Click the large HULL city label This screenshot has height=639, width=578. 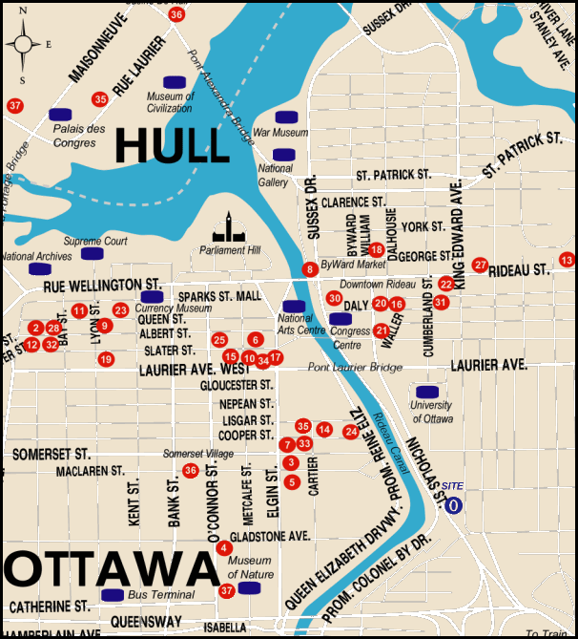point(172,145)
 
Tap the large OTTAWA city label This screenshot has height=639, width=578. point(112,570)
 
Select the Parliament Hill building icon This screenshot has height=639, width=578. point(229,228)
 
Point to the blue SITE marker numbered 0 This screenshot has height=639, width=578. point(454,504)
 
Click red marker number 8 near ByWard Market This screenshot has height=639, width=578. point(310,269)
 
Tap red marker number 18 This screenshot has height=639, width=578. point(376,249)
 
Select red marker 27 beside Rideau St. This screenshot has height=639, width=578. point(480,265)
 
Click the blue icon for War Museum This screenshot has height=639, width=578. point(284,117)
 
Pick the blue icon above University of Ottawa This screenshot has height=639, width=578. point(428,392)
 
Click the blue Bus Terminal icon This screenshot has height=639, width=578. point(113,594)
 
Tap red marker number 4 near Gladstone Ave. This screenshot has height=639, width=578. point(223,547)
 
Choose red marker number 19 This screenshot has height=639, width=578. point(105,359)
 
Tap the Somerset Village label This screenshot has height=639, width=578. point(197,453)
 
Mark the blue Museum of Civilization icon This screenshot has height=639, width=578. point(175,81)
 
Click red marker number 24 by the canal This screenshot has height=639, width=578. point(350,432)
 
